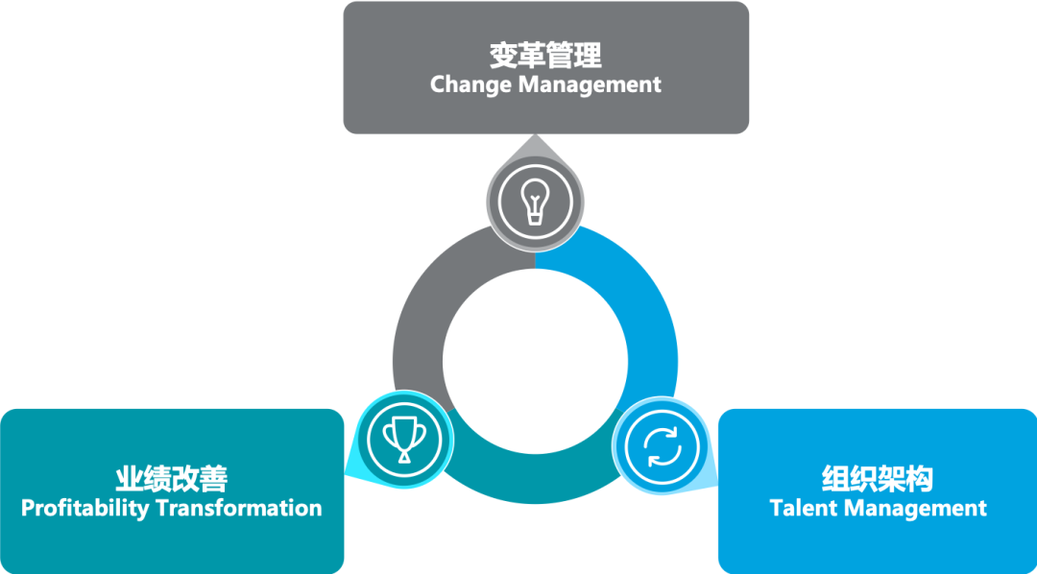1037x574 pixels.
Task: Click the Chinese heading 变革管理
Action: tap(545, 55)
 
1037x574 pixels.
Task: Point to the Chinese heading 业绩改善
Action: tap(171, 478)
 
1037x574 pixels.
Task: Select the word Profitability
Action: tap(85, 508)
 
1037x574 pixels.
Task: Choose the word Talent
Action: tap(805, 508)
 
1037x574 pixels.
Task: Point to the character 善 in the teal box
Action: tap(213, 478)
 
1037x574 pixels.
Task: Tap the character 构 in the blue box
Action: tap(919, 478)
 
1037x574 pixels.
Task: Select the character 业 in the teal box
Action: tap(130, 478)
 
